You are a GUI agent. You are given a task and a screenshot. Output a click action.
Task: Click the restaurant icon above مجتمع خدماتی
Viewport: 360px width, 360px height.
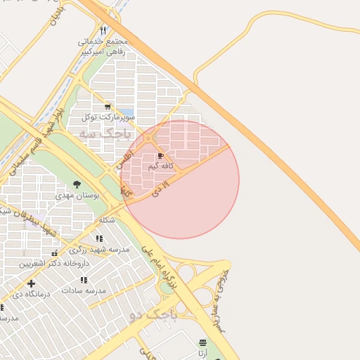[103, 30]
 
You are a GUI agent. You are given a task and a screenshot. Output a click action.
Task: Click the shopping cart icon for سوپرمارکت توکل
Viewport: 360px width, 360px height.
[108, 106]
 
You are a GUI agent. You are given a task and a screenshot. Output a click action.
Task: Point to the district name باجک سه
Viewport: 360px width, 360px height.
[105, 132]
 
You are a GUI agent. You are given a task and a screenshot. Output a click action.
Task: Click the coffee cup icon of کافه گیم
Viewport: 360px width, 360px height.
[161, 156]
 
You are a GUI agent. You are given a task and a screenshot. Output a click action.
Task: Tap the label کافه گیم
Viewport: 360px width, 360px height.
[162, 167]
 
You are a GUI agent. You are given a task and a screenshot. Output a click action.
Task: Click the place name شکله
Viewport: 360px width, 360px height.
[106, 219]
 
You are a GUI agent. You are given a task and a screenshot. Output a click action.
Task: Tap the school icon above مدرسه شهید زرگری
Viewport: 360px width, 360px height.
[99, 239]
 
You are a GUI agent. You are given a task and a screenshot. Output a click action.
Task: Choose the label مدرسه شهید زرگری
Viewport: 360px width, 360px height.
[99, 250]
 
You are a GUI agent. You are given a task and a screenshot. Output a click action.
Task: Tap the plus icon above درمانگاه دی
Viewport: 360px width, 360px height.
[32, 283]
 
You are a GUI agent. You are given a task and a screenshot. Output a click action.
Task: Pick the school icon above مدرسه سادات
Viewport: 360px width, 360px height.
[83, 279]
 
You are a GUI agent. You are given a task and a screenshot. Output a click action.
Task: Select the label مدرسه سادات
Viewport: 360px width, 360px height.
[84, 290]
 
